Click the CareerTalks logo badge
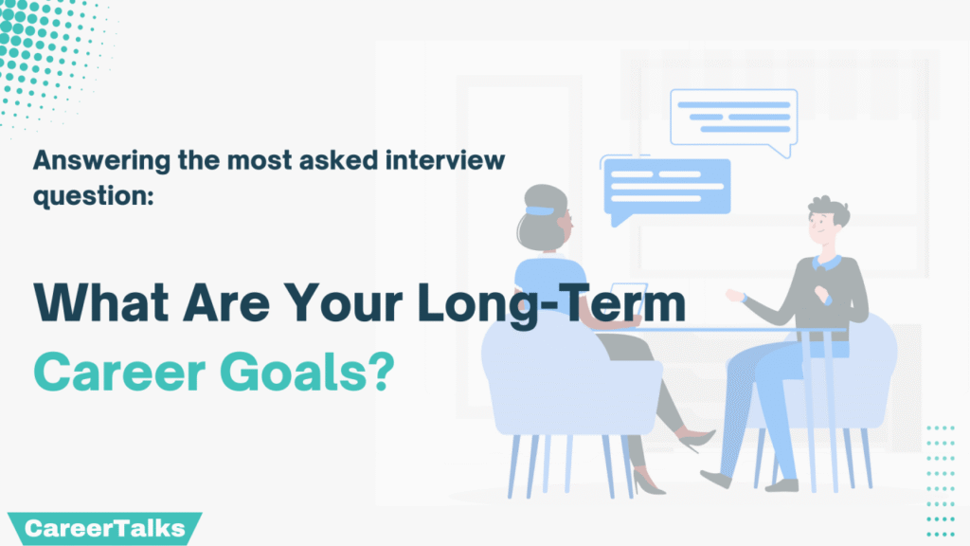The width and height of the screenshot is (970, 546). pos(104,528)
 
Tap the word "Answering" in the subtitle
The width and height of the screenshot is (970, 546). pos(101,161)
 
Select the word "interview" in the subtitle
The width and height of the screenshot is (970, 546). pos(445,159)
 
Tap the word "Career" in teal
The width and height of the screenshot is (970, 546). pos(118,372)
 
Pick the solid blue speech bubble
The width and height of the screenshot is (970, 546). pos(667,189)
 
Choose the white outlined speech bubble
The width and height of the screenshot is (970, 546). pos(734,118)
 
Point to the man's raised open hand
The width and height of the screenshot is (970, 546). pos(734,296)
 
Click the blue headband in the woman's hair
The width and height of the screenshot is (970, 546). pos(540,211)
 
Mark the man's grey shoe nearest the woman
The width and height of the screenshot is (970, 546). pos(716,478)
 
